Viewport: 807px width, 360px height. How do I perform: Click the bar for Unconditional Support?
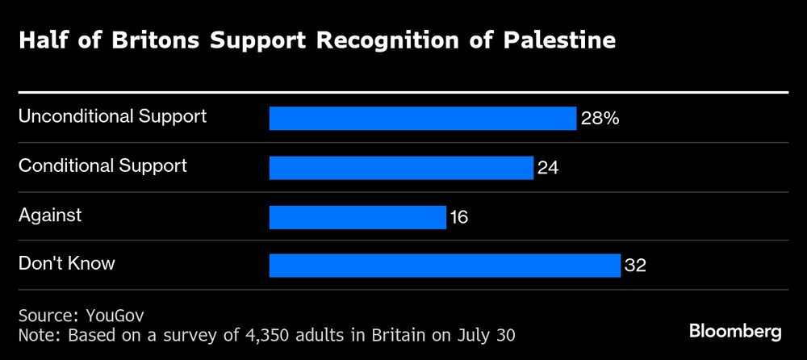tap(422, 119)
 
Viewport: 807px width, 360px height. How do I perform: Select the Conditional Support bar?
tap(401, 168)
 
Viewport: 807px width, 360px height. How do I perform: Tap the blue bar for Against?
tap(358, 217)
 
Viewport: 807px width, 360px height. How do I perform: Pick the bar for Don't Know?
tap(444, 266)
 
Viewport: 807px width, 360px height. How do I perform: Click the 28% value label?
tap(600, 119)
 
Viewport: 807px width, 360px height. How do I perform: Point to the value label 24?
tap(548, 169)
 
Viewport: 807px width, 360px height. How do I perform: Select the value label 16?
tap(458, 218)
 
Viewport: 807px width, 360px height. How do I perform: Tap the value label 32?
tap(636, 266)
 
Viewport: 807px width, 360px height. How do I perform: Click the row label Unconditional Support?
tap(112, 116)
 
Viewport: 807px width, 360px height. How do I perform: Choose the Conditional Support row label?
tap(102, 165)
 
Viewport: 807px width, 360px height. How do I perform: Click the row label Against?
tap(50, 215)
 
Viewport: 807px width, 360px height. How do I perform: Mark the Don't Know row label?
tap(67, 263)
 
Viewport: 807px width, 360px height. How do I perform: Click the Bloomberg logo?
tap(735, 331)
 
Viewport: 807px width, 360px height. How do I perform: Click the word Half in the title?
tap(40, 41)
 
